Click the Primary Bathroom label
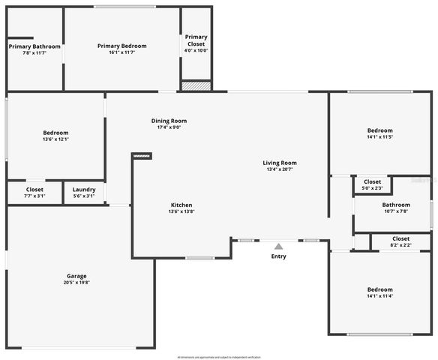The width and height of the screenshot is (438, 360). point(34,46)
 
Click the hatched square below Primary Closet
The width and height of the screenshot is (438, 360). point(196,86)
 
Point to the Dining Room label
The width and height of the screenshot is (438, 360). point(169,121)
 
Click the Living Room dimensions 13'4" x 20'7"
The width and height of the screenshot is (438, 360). point(280,169)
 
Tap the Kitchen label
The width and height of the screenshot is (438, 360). point(181,205)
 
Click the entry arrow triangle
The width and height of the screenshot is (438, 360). point(278,246)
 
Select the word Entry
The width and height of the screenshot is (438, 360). point(278,256)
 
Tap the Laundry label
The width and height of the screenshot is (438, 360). point(84,190)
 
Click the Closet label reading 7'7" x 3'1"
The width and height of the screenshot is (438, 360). point(34,190)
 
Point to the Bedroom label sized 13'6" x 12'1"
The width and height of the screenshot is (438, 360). point(55,133)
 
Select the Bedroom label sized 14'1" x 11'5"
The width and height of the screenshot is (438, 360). point(379,130)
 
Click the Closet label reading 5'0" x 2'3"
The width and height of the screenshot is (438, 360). point(373,181)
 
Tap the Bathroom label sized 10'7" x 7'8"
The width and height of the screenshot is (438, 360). point(396,205)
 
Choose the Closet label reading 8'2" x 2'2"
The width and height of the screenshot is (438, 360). point(400,238)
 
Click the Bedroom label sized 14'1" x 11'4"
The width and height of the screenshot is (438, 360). point(379,289)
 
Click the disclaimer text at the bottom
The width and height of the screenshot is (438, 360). point(219,356)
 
